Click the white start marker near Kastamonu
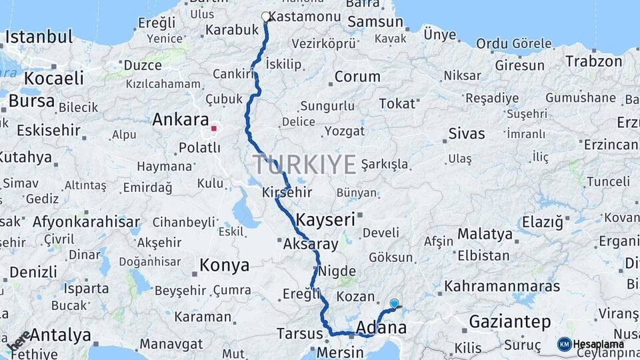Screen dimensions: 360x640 point(266,17)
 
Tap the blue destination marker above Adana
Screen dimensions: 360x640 point(394,304)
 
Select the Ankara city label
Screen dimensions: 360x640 point(180,120)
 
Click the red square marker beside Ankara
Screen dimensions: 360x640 point(213,128)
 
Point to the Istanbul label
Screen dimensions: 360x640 point(39,37)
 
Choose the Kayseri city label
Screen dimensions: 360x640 point(325,219)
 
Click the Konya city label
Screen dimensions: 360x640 point(225,265)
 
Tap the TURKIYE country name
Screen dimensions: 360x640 point(304,164)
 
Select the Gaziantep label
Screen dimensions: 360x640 point(510,322)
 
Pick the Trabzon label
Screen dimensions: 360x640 point(593,61)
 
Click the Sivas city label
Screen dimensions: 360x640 point(467,133)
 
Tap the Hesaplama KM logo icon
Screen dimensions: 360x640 point(565,344)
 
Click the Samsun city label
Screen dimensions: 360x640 point(375,21)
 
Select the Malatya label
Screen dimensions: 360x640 point(485,234)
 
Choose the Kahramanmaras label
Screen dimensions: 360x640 point(511,286)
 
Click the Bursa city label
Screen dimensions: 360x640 point(32,101)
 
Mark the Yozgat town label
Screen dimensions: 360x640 point(345,131)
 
